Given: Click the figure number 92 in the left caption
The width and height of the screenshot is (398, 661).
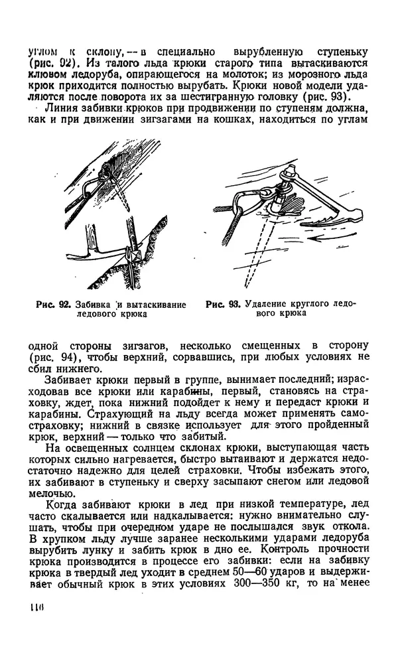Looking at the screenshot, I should (64, 305).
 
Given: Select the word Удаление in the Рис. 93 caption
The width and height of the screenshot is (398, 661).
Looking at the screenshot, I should (267, 305).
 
